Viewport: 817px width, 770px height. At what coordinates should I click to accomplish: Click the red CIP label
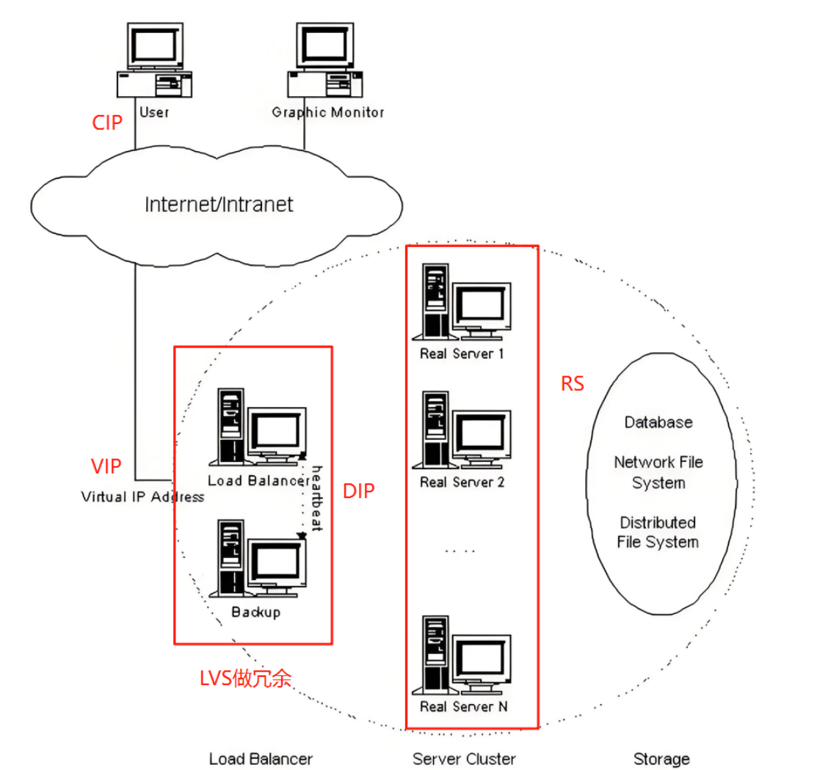[x=107, y=122]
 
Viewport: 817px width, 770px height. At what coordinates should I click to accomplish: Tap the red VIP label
[x=106, y=466]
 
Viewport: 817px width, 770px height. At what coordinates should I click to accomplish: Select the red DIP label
[x=358, y=491]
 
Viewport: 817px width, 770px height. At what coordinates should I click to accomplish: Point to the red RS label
[x=572, y=384]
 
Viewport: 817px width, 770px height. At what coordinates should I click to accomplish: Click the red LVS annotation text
[x=245, y=678]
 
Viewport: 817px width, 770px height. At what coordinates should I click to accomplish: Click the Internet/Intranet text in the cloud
[x=219, y=205]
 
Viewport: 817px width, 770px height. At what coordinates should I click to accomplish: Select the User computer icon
[x=154, y=60]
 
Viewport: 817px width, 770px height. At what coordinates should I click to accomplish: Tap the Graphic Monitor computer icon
[x=325, y=60]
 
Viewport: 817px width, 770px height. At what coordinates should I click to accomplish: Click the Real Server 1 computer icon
[x=462, y=302]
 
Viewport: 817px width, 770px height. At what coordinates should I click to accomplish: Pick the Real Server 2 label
[x=462, y=482]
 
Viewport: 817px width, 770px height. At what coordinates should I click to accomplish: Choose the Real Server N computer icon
[x=462, y=655]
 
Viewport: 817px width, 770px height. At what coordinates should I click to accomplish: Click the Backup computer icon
[x=258, y=558]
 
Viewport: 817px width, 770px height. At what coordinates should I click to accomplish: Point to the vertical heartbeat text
[x=317, y=498]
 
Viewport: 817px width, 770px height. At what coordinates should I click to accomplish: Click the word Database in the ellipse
[x=658, y=422]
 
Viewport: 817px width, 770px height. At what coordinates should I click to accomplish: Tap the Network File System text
[x=658, y=472]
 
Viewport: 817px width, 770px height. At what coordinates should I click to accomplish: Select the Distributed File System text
[x=658, y=532]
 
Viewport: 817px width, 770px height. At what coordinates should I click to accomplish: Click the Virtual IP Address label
[x=142, y=496]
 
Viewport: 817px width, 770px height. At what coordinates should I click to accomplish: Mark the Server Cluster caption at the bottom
[x=464, y=759]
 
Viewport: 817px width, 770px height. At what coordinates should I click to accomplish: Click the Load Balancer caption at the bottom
[x=261, y=759]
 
